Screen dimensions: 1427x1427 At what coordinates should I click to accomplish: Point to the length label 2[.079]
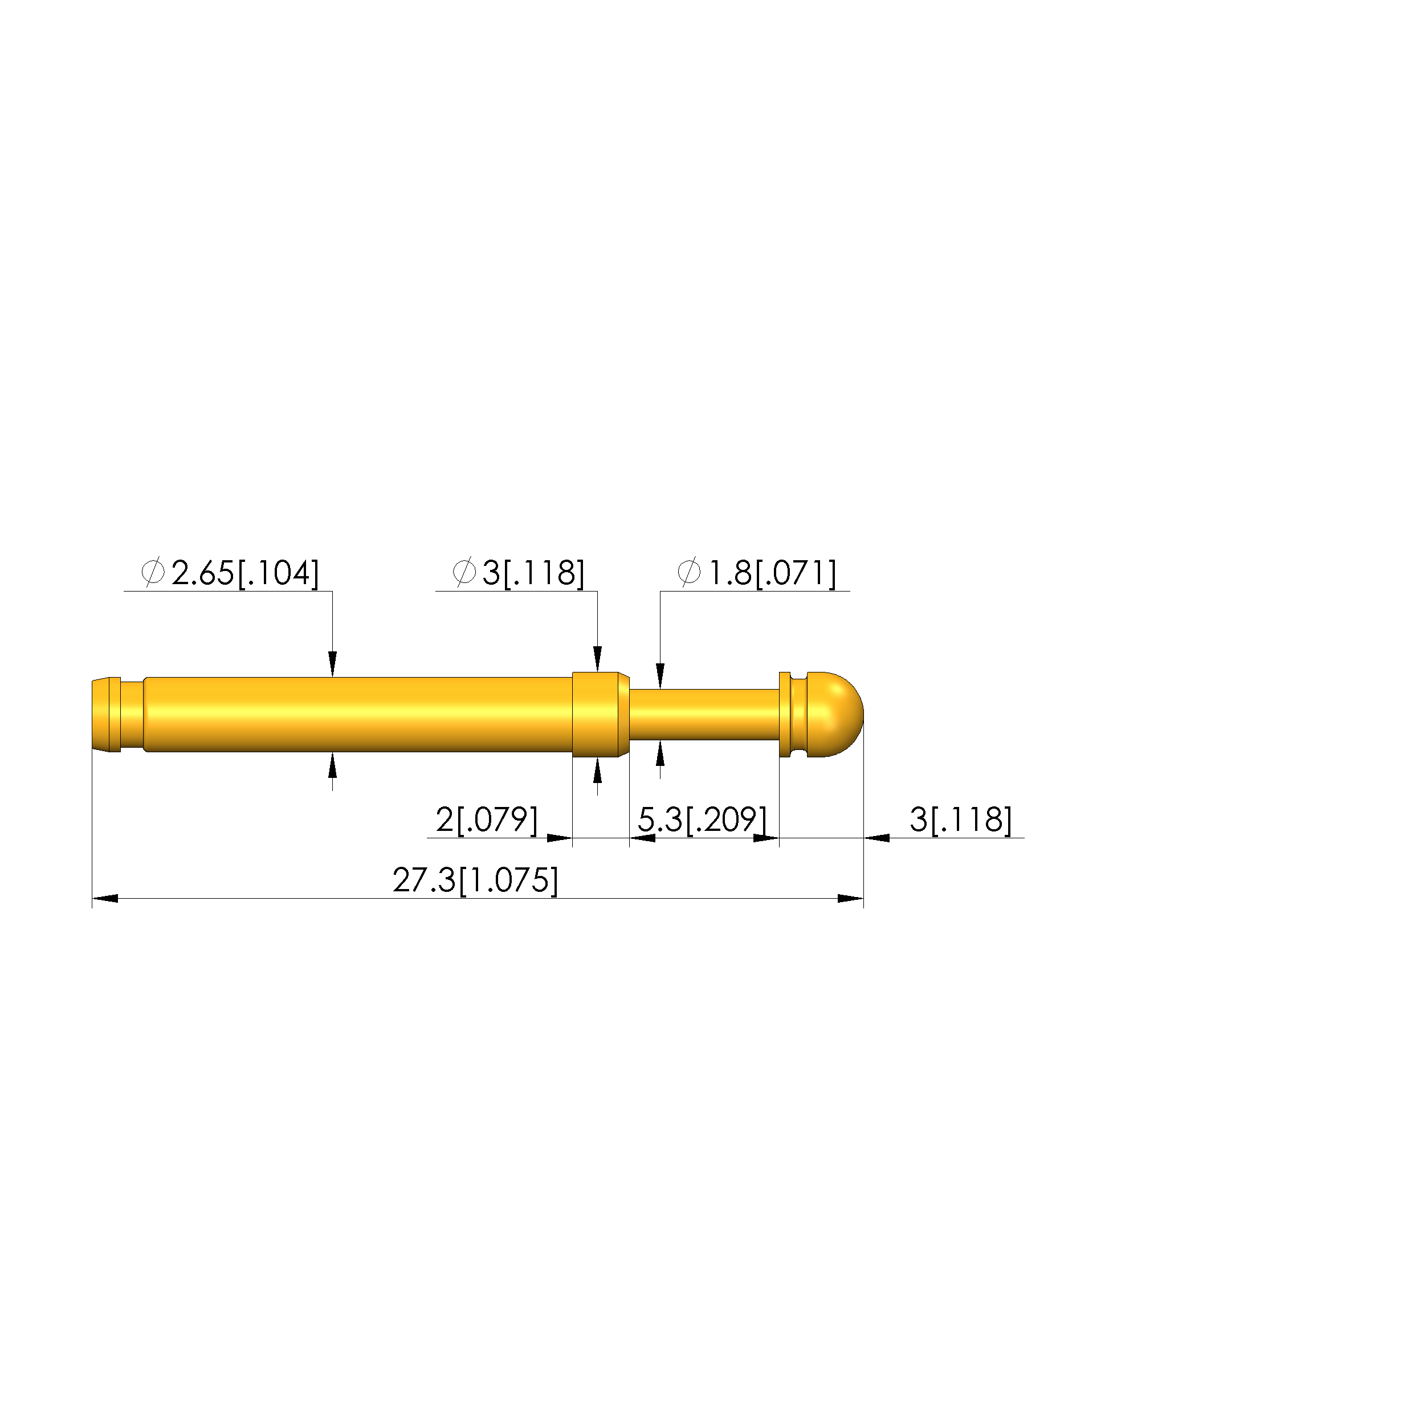[x=487, y=820]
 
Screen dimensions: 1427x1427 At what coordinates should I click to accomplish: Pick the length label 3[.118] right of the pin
[x=961, y=820]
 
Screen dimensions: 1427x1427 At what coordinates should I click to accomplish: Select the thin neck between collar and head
[x=704, y=714]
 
